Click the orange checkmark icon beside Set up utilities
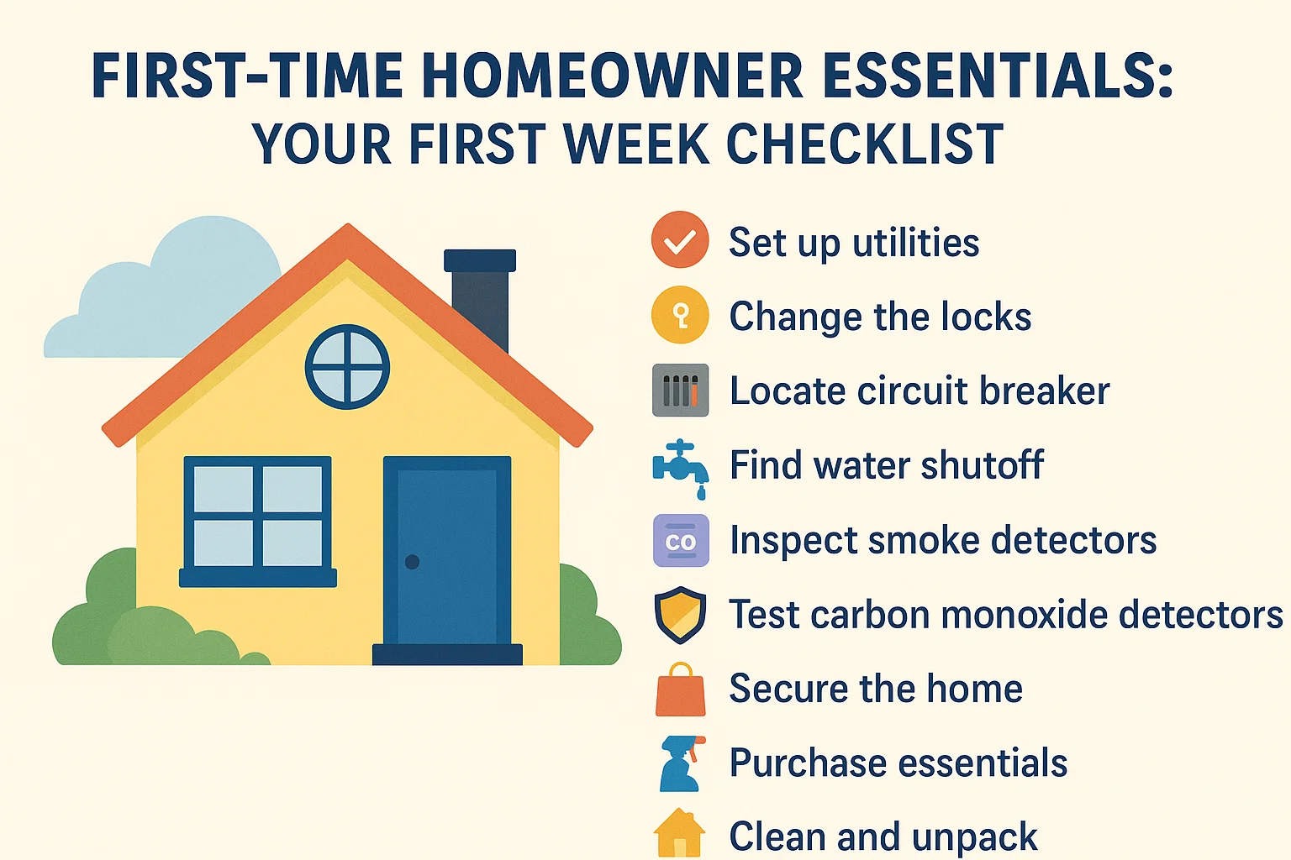tap(680, 240)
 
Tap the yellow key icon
tap(680, 316)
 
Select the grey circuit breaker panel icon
tap(680, 391)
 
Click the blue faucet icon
tap(680, 466)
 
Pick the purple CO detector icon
tap(680, 541)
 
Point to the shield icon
tap(680, 615)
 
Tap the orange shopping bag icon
tap(680, 690)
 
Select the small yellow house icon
tap(679, 833)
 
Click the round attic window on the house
tap(347, 367)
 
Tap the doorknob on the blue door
tap(412, 562)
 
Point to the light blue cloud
tap(168, 294)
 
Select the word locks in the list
tap(986, 317)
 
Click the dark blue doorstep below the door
tap(447, 654)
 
